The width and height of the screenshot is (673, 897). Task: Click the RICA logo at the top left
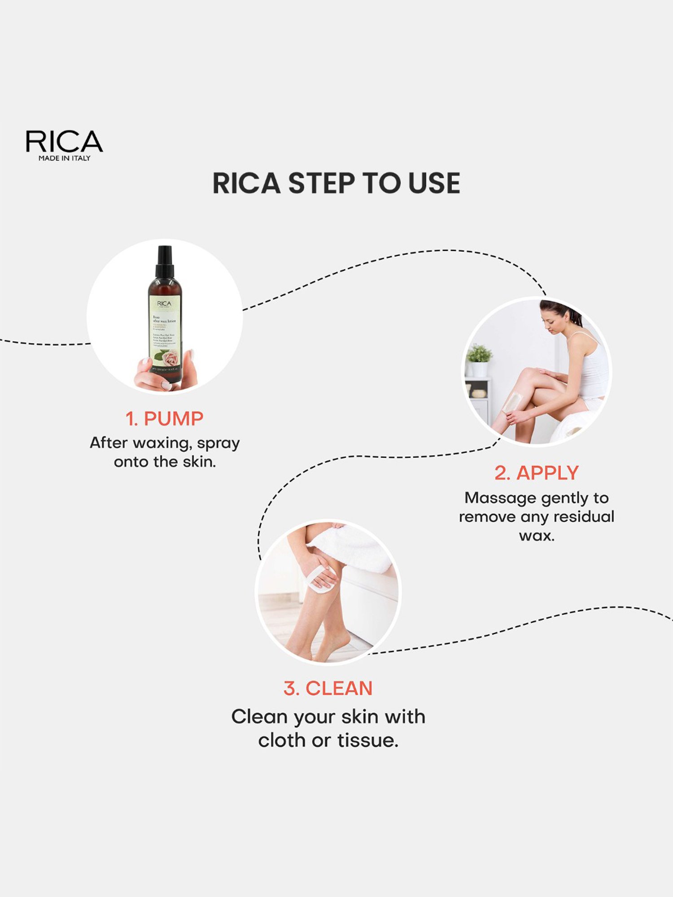pyautogui.click(x=64, y=141)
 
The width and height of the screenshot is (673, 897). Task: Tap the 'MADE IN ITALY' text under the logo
pyautogui.click(x=64, y=158)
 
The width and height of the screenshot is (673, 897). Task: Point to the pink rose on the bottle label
pyautogui.click(x=171, y=358)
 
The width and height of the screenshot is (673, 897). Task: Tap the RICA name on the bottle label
pyautogui.click(x=164, y=304)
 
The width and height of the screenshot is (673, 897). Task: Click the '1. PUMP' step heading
pyautogui.click(x=164, y=419)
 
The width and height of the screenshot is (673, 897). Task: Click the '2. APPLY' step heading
pyautogui.click(x=537, y=473)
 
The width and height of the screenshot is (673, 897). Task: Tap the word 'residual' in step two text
pyautogui.click(x=584, y=517)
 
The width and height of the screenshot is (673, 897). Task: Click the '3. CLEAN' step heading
pyautogui.click(x=328, y=688)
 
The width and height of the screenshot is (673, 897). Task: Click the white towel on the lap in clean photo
pyautogui.click(x=354, y=549)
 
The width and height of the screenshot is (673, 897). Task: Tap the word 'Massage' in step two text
pyautogui.click(x=500, y=498)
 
